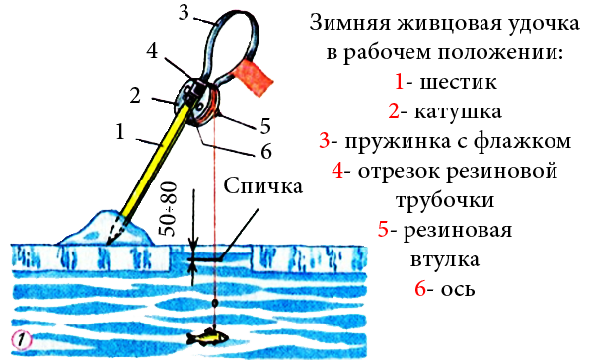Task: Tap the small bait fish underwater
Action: pyautogui.click(x=208, y=337)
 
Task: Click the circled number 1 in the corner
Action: pyautogui.click(x=22, y=340)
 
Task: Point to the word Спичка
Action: pyautogui.click(x=263, y=186)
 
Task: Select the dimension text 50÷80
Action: pyautogui.click(x=168, y=209)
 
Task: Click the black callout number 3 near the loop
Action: pyautogui.click(x=184, y=12)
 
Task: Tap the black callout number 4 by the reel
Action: pyautogui.click(x=152, y=50)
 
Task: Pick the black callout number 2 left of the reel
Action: pyautogui.click(x=135, y=95)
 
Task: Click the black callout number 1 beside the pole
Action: pyautogui.click(x=120, y=132)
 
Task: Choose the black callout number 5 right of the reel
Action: pyautogui.click(x=265, y=126)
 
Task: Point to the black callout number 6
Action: pyautogui.click(x=266, y=151)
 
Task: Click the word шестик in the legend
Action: pyautogui.click(x=459, y=82)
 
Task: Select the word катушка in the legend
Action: pyautogui.click(x=458, y=111)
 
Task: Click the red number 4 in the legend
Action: pyautogui.click(x=337, y=171)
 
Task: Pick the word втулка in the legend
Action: pyautogui.click(x=445, y=260)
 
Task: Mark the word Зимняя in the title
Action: pyautogui.click(x=350, y=23)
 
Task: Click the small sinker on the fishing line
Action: pyautogui.click(x=215, y=302)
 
